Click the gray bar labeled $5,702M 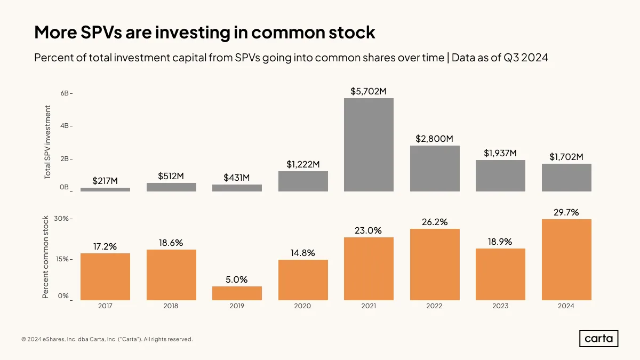(369, 145)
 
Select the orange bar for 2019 (237, 293)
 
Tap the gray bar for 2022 (435, 169)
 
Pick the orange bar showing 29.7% (566, 259)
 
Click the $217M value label (105, 181)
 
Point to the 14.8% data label (303, 253)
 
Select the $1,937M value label (500, 154)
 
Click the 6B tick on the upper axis (65, 93)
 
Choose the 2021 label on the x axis (369, 306)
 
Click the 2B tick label (65, 158)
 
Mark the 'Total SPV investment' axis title (47, 142)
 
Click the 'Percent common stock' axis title (45, 257)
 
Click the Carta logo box (598, 339)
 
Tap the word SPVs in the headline (101, 32)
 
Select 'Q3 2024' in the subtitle (526, 58)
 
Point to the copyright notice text (107, 339)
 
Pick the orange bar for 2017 (105, 277)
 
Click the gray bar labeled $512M (171, 187)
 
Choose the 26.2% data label (435, 222)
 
